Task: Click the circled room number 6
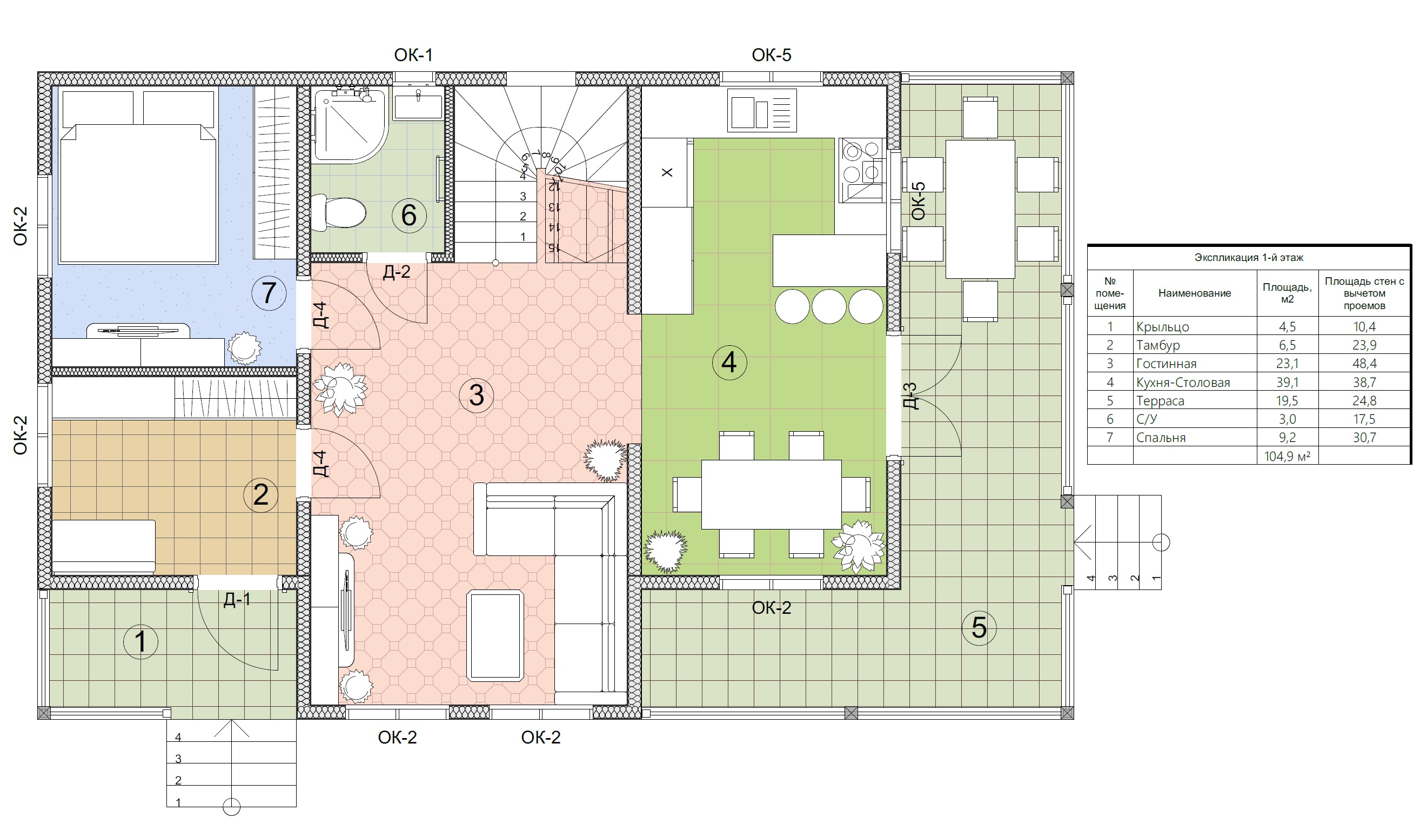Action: click(409, 215)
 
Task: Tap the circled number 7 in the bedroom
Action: click(269, 293)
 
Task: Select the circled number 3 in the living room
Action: click(477, 396)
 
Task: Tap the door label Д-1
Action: click(237, 599)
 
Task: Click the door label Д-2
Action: click(397, 272)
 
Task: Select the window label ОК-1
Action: click(413, 55)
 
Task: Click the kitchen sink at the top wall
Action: click(762, 110)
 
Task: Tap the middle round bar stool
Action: click(829, 306)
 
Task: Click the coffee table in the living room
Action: click(496, 636)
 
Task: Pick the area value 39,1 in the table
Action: click(1287, 382)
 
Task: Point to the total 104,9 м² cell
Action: click(1287, 456)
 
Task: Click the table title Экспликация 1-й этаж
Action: click(1249, 258)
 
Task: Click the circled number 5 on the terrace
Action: click(979, 628)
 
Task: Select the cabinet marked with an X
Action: click(667, 172)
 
